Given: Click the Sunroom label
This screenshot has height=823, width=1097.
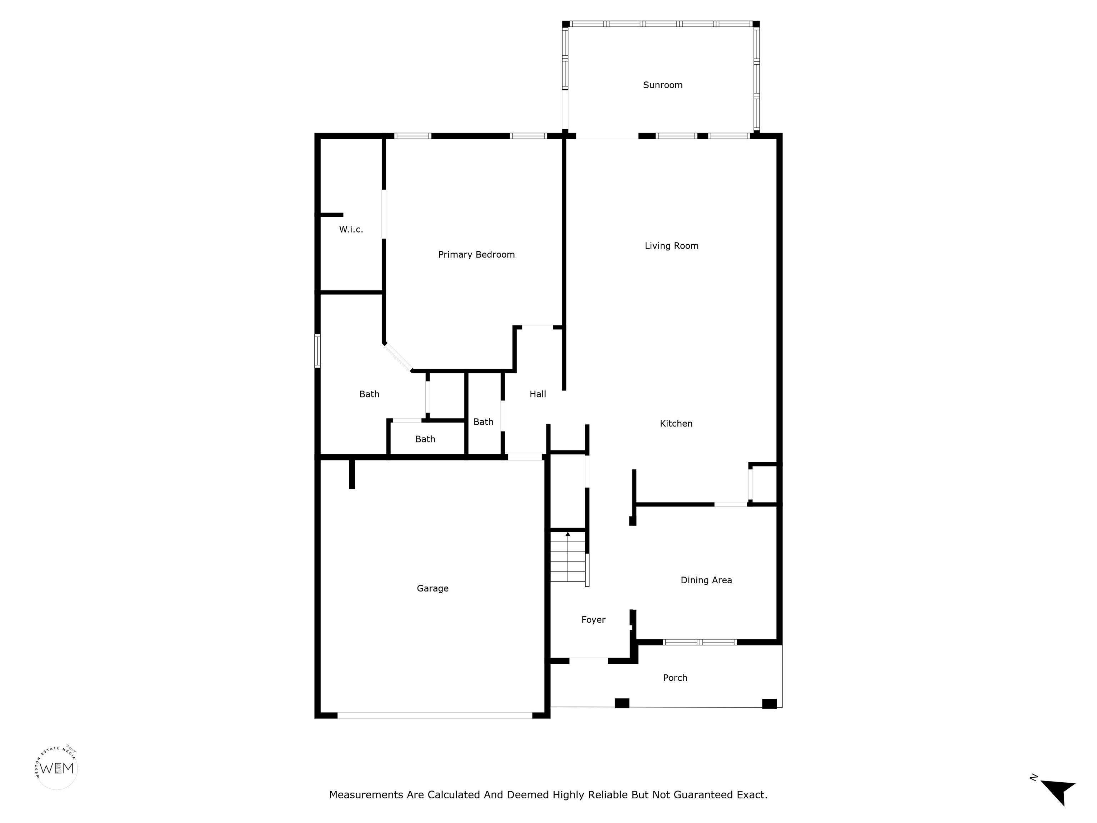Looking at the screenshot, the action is [x=662, y=85].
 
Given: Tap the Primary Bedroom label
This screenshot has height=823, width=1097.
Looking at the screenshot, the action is [x=476, y=254].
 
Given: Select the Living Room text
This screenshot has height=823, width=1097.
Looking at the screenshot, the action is [x=671, y=245].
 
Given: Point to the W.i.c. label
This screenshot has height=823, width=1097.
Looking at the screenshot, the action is [x=351, y=229].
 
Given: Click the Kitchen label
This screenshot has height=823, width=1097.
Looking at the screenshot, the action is [x=676, y=423].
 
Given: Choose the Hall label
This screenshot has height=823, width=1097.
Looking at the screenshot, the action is [x=537, y=394].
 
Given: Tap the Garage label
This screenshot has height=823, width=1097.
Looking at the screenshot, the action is [x=432, y=588].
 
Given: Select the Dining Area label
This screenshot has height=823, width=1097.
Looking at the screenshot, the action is [x=706, y=580].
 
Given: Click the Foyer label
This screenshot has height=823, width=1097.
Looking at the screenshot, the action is [x=593, y=620].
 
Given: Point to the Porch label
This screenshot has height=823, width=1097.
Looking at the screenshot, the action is [x=675, y=678].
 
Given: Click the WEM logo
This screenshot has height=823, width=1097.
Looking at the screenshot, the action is [x=57, y=768].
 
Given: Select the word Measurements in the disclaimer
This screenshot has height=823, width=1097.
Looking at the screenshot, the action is [x=366, y=795].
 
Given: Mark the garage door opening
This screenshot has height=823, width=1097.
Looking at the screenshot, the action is [x=435, y=715].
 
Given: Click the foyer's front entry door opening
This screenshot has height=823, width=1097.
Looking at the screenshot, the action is [x=588, y=661].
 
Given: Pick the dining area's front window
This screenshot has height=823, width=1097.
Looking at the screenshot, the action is [x=700, y=642].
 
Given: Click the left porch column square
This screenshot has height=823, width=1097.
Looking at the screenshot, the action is [x=622, y=703].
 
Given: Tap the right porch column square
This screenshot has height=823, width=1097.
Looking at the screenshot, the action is [x=769, y=703].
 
